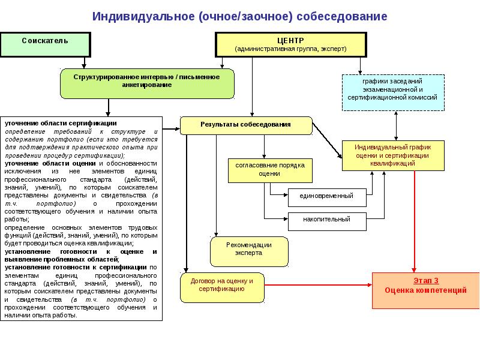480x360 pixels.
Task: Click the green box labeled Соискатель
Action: tap(45, 44)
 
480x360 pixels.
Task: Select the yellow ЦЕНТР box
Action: tap(290, 44)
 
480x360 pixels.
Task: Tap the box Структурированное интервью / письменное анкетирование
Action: tap(146, 82)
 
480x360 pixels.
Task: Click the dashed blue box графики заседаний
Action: tap(392, 92)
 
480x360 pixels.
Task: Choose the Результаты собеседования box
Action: tap(246, 125)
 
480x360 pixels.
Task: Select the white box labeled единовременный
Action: tap(327, 196)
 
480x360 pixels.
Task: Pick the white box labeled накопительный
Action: tap(327, 219)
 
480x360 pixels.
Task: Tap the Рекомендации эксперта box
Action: tap(249, 251)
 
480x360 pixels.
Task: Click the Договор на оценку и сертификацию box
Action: tap(222, 287)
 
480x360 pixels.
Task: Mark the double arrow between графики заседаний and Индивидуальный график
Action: tap(396, 126)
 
